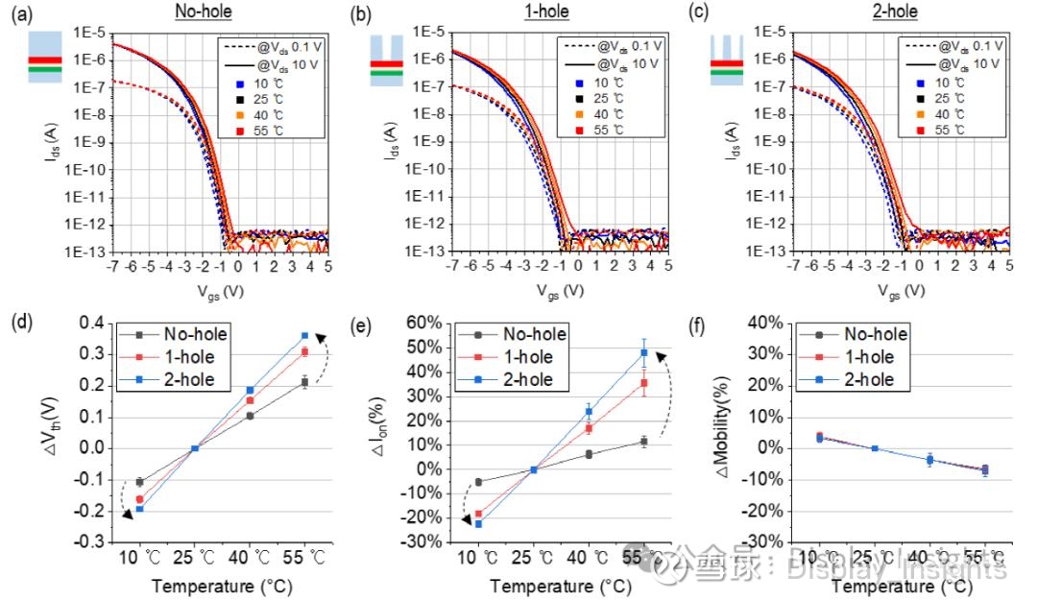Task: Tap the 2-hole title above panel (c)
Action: coord(894,12)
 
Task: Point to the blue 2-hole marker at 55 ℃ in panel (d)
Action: coord(305,335)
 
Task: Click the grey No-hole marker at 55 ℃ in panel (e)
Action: coord(644,442)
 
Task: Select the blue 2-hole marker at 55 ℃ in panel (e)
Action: coord(644,352)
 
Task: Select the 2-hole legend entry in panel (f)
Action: coord(867,379)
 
